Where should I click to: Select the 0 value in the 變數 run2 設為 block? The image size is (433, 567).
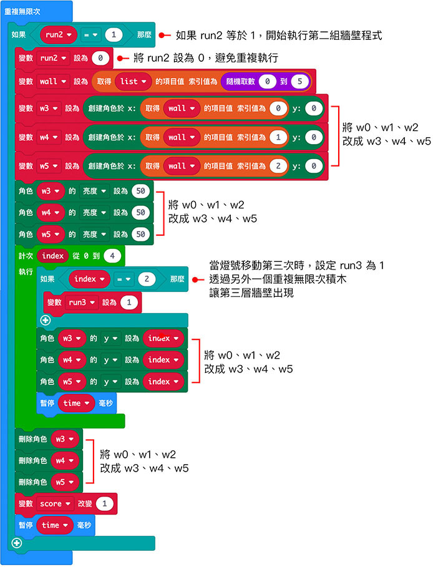(x=100, y=59)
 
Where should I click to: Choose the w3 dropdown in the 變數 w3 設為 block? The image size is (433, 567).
(x=48, y=108)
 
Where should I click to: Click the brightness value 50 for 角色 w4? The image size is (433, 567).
(x=140, y=213)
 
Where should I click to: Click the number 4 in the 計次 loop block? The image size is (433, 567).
(x=112, y=256)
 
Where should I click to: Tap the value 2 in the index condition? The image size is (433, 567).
(x=147, y=279)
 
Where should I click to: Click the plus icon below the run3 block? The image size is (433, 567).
(x=44, y=321)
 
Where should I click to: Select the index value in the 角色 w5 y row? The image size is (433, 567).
(x=163, y=381)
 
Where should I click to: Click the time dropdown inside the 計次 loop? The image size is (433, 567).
(x=77, y=403)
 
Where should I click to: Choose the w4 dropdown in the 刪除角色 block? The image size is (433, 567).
(x=64, y=460)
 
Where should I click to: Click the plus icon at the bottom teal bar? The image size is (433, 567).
(x=17, y=543)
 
